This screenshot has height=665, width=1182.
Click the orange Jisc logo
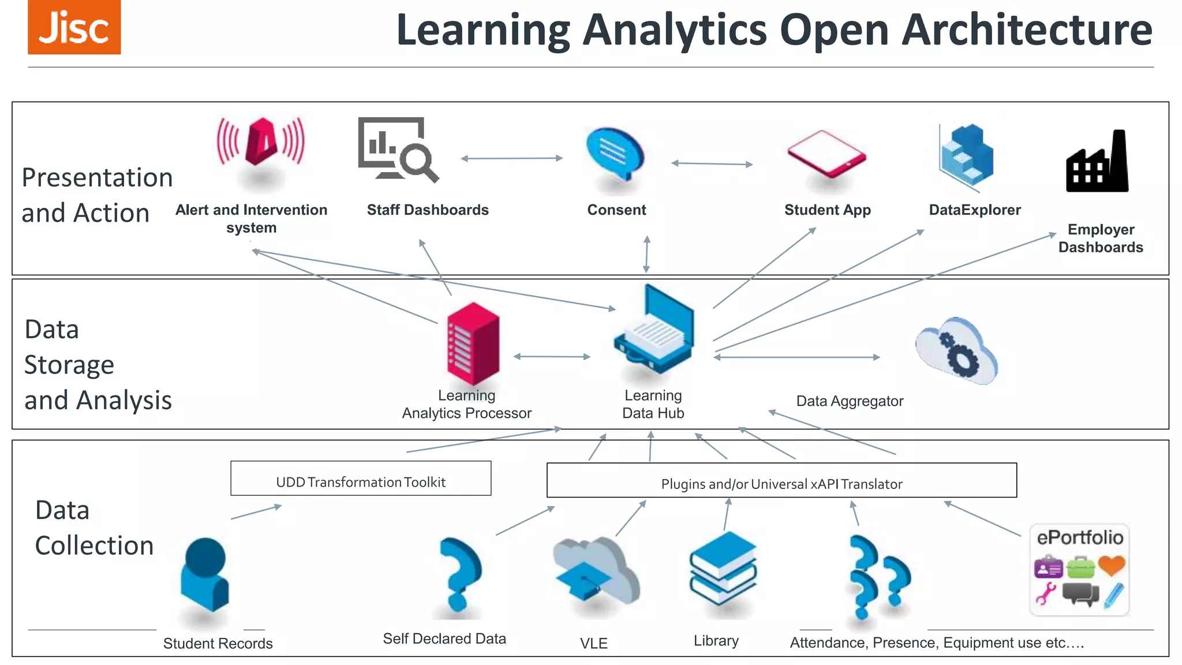click(74, 27)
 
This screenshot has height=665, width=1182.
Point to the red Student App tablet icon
click(826, 154)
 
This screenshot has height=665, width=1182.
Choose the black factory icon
click(1097, 162)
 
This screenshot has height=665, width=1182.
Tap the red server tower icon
click(473, 343)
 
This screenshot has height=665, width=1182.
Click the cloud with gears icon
click(957, 351)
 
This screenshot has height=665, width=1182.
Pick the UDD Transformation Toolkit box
click(361, 479)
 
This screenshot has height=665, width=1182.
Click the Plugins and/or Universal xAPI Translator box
click(781, 480)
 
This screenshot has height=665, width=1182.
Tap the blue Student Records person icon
click(205, 574)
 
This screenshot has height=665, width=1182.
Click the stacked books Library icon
click(723, 568)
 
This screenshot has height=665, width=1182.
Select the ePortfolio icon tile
click(1079, 570)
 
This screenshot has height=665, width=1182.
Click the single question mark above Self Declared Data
click(459, 574)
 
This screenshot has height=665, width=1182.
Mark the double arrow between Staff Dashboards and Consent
click(511, 158)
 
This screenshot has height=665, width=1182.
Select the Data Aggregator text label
click(850, 401)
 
